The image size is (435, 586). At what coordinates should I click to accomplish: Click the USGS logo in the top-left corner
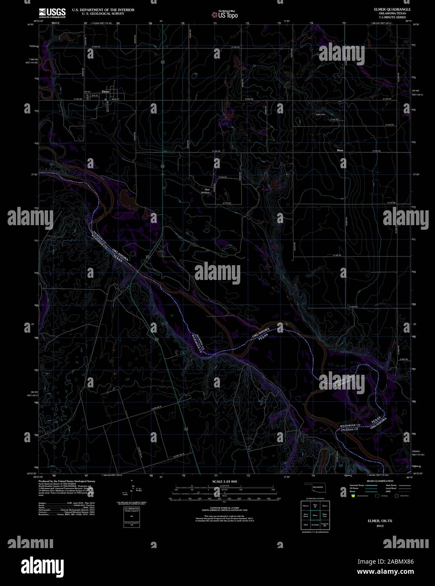(x=52, y=13)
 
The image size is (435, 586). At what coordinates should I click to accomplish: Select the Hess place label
(x=340, y=150)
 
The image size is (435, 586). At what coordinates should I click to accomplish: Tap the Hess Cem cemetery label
(x=321, y=114)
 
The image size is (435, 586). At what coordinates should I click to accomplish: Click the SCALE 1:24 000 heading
(x=225, y=481)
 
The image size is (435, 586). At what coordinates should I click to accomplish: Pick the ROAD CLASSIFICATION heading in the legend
(x=380, y=481)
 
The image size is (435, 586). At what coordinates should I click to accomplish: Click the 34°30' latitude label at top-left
(x=30, y=25)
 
